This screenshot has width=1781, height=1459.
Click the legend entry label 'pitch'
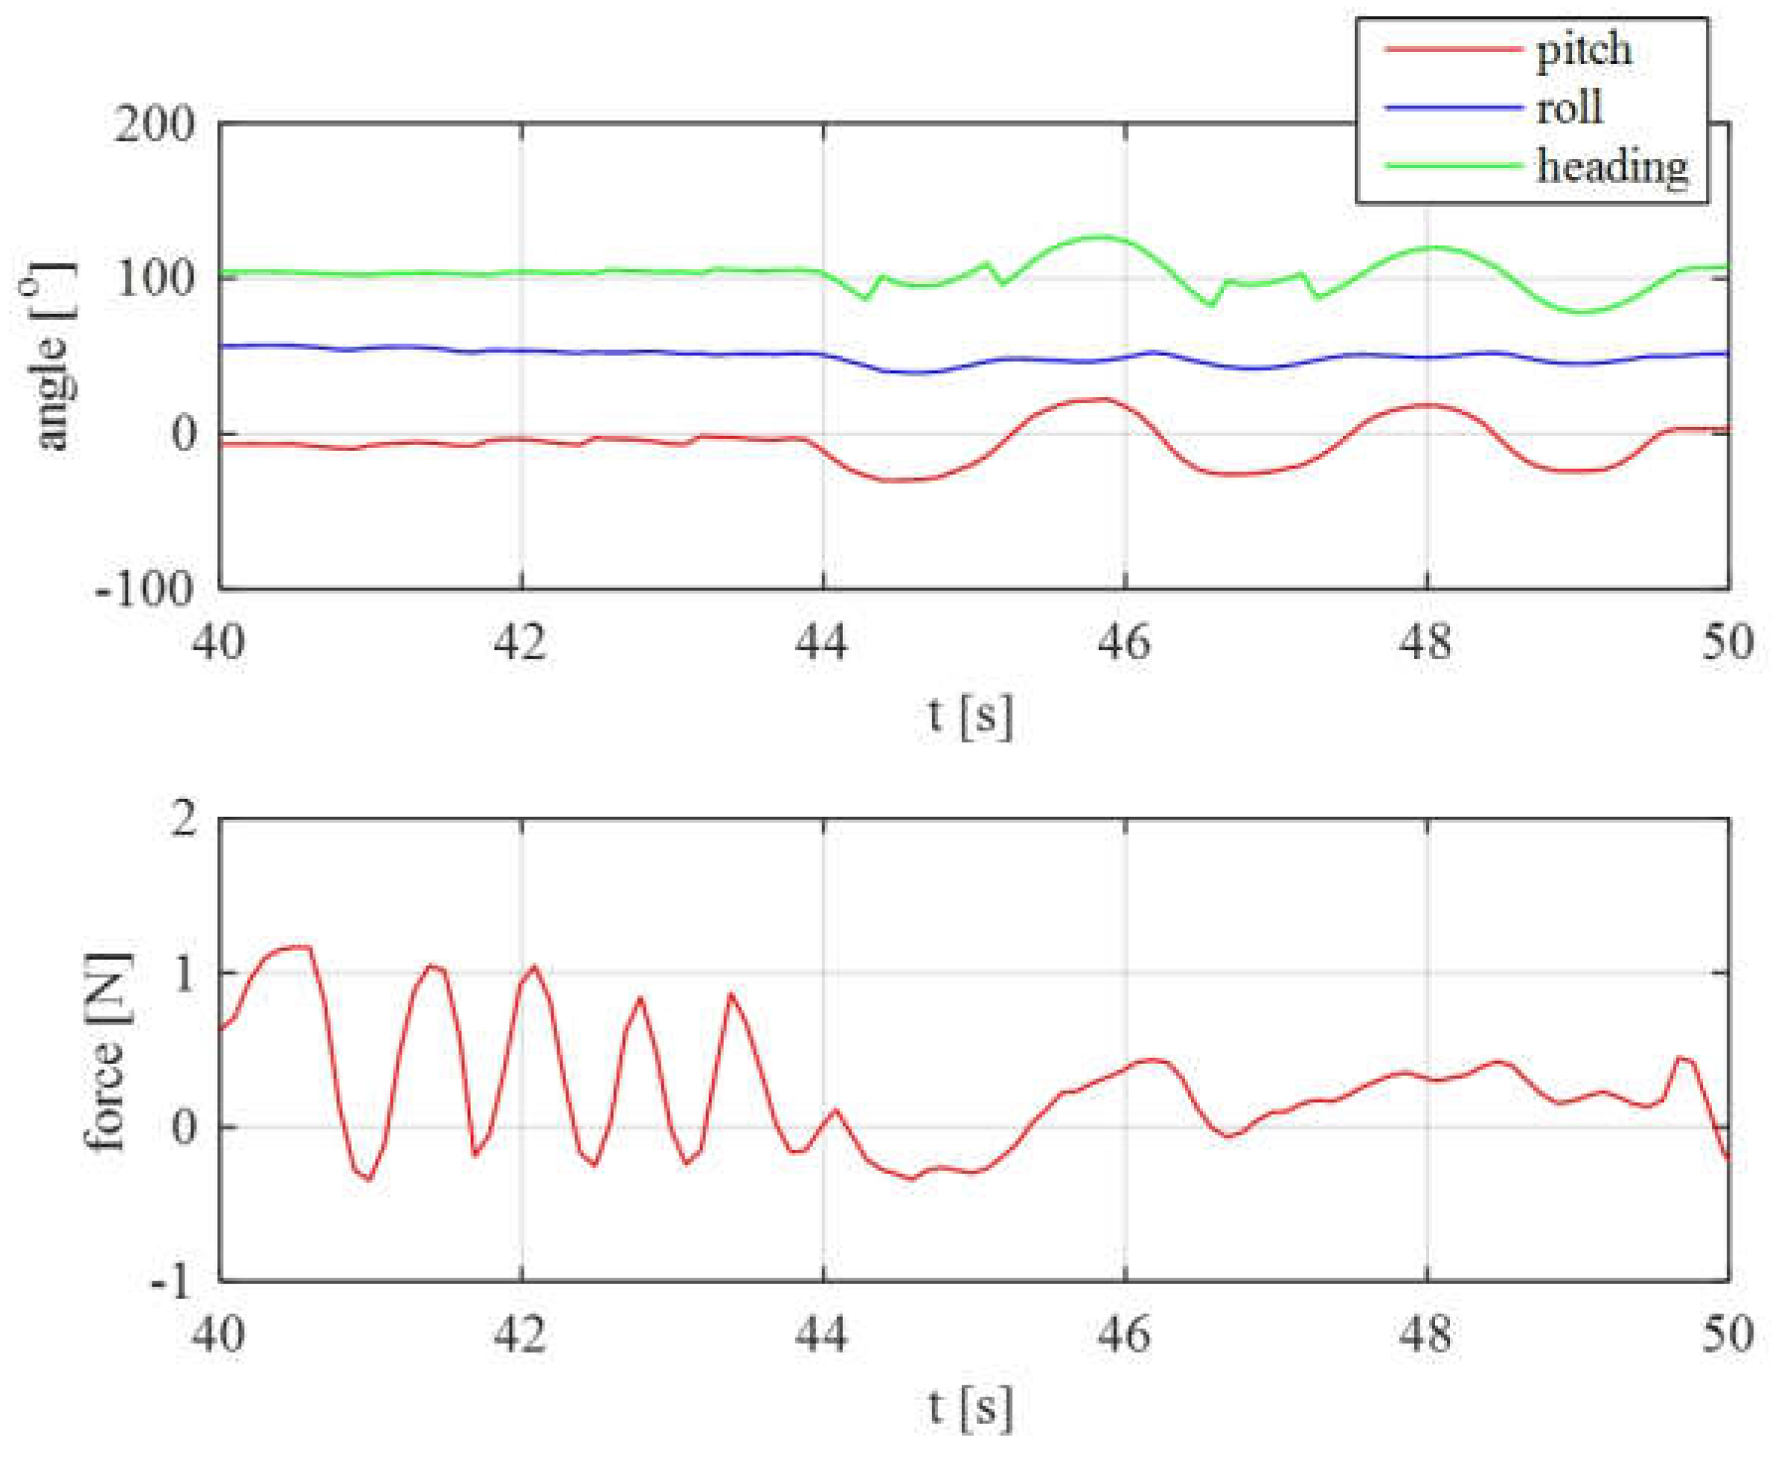point(1584,51)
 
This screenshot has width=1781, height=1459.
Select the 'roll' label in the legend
point(1569,109)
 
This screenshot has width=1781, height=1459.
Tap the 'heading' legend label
point(1612,167)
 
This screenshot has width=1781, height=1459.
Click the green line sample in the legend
point(1452,166)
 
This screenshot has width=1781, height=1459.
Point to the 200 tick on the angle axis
point(155,125)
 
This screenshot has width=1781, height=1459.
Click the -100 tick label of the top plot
point(144,589)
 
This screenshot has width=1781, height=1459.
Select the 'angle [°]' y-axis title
point(52,357)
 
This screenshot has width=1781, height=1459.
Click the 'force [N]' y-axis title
point(104,1051)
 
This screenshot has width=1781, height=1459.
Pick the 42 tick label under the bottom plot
point(521,1335)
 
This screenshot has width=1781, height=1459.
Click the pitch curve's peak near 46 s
point(1097,400)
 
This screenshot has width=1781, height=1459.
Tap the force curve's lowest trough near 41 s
point(368,1179)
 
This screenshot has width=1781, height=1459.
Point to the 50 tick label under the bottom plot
point(1727,1335)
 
